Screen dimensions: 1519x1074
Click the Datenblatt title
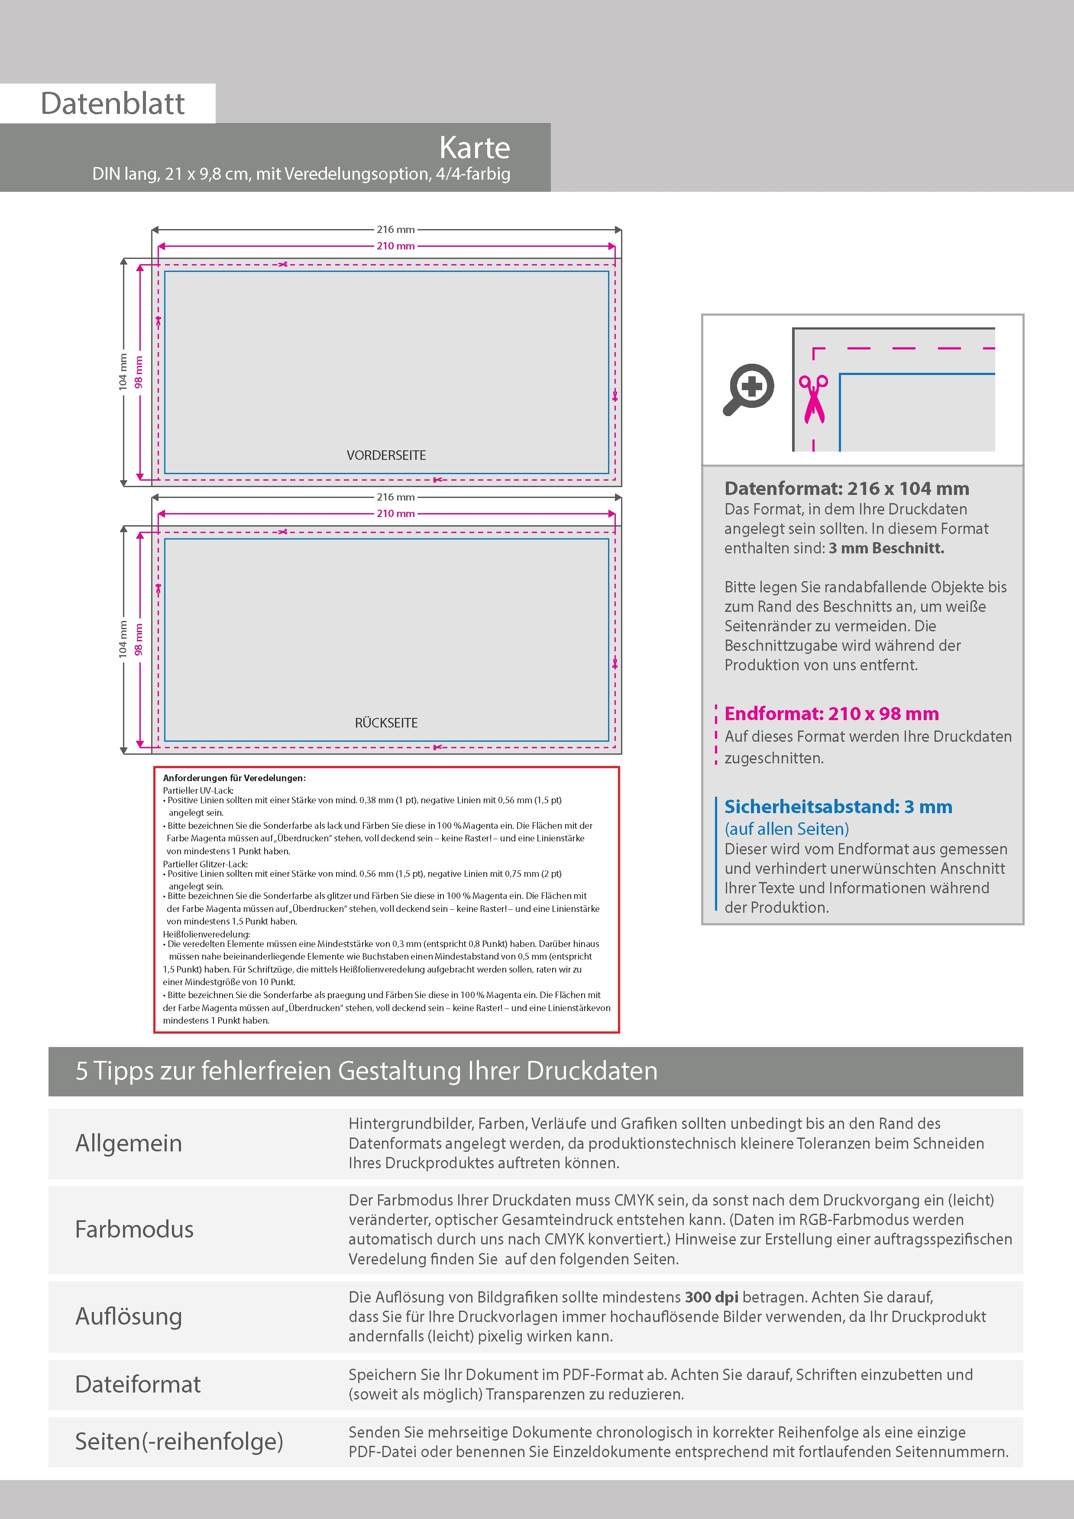[x=113, y=104]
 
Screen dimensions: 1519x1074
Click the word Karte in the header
[x=475, y=148]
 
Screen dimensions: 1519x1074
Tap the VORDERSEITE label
[x=386, y=455]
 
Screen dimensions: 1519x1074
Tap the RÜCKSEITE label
[x=386, y=722]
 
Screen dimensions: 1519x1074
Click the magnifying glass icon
[x=748, y=388]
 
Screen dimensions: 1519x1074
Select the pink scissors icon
[x=813, y=399]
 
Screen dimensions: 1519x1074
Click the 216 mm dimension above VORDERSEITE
[x=396, y=229]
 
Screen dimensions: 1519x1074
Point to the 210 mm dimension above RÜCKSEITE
[x=396, y=514]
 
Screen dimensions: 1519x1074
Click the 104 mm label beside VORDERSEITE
[x=123, y=372]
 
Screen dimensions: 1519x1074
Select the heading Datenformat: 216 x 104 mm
[x=846, y=488]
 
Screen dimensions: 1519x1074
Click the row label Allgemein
[x=128, y=1143]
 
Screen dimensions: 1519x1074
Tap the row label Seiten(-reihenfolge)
[x=179, y=1441]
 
